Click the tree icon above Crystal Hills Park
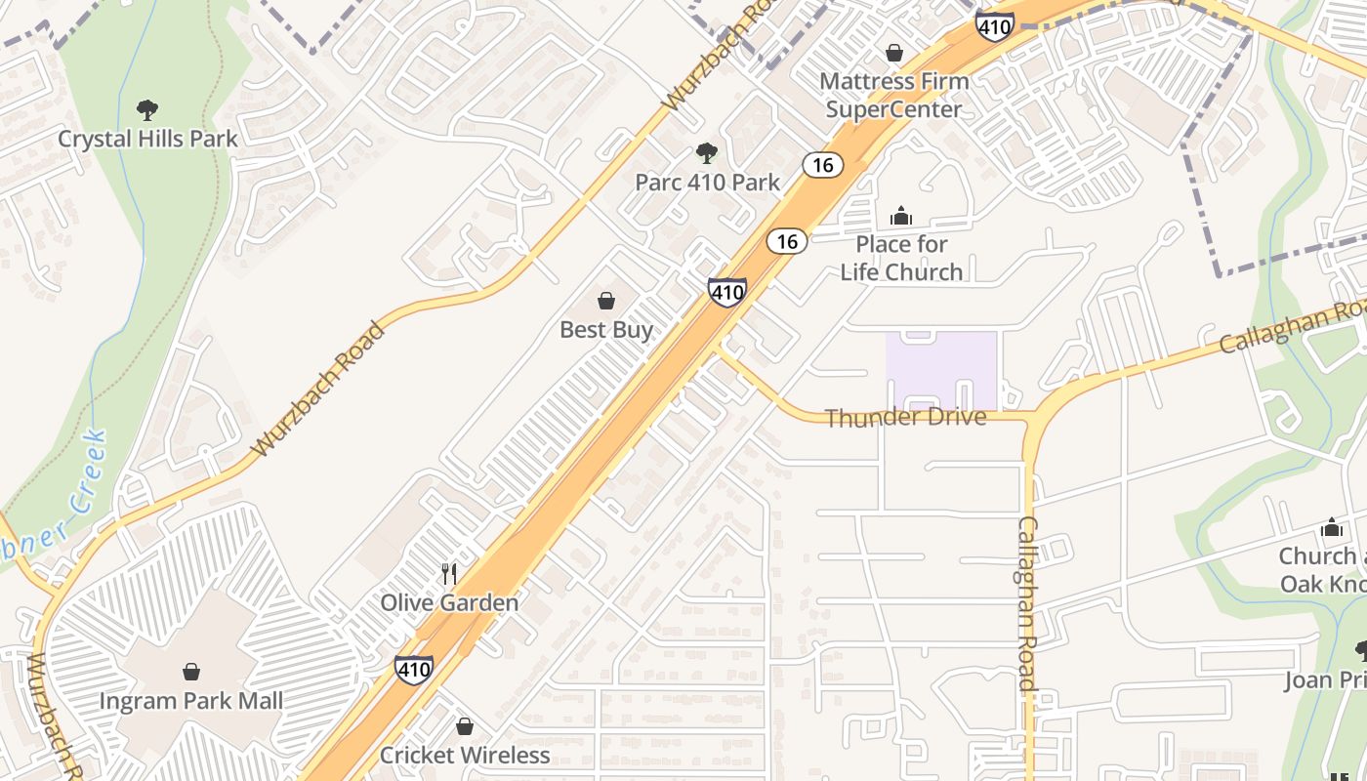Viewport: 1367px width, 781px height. (146, 109)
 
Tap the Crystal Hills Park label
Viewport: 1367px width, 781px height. (147, 139)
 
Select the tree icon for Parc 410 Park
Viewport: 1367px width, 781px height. (707, 152)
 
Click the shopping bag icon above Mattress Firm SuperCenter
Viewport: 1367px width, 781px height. (894, 53)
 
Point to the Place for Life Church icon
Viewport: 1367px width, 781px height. (901, 216)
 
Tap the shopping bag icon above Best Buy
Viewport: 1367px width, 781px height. (606, 301)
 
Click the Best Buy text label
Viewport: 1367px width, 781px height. (606, 330)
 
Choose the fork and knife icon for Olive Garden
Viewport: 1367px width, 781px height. (449, 573)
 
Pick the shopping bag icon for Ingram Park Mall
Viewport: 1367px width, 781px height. (191, 672)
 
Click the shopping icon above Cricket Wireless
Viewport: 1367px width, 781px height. (465, 726)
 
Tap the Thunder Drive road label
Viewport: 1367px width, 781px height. (905, 418)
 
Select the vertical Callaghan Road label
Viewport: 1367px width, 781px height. (1027, 602)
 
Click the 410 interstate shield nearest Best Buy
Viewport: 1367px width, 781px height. (727, 291)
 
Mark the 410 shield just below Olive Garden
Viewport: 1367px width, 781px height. (414, 669)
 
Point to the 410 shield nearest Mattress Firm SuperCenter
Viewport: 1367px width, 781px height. (994, 25)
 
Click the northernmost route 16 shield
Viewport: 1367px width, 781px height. (823, 164)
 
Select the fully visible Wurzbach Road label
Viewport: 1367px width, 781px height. (318, 389)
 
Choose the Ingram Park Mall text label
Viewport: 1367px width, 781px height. (191, 701)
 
